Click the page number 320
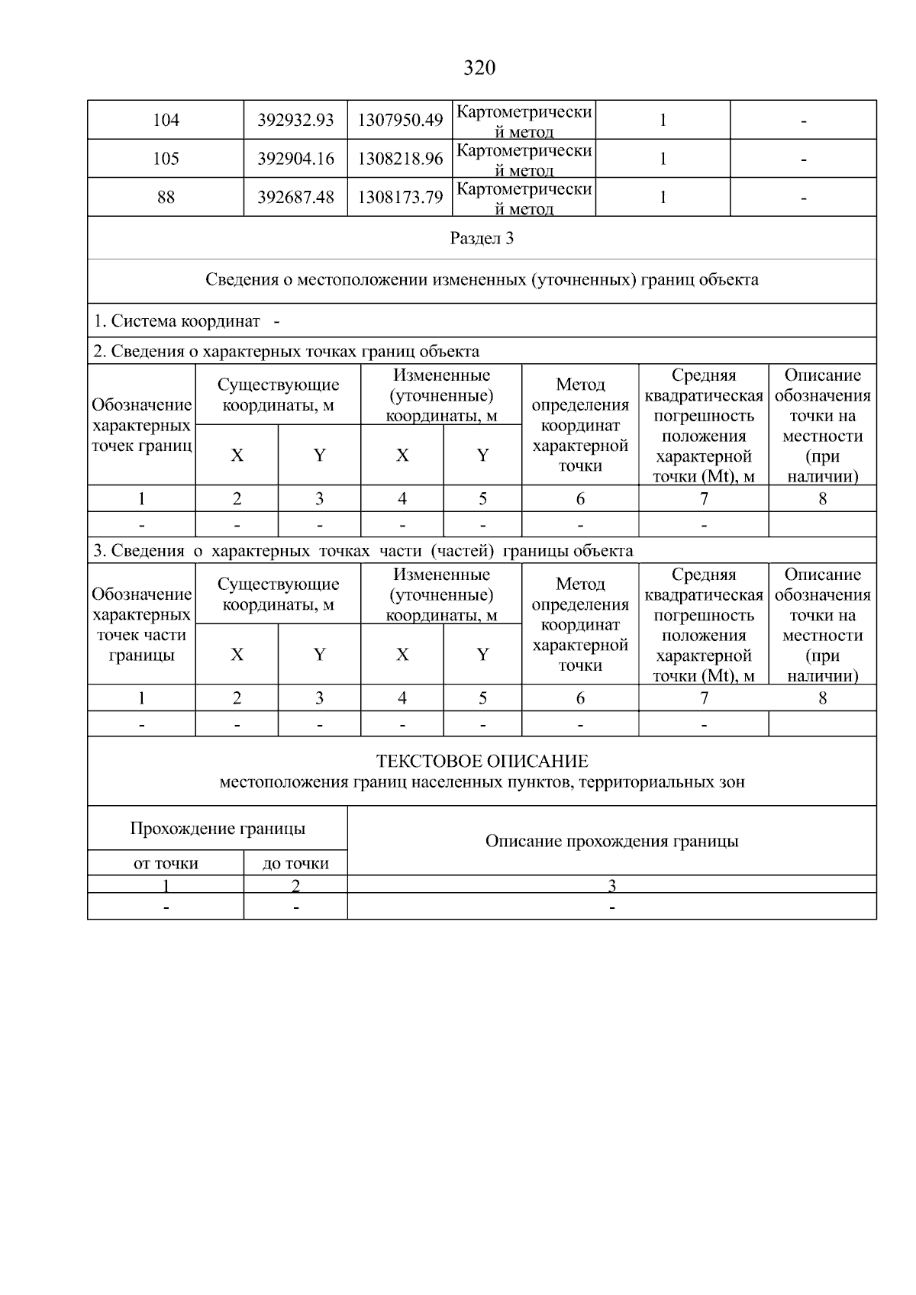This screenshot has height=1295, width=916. point(479,69)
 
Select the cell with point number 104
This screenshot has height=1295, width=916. point(166,121)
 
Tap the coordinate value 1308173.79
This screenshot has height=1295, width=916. point(400,198)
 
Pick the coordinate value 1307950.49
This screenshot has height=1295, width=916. point(400,121)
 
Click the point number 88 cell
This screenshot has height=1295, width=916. point(166,198)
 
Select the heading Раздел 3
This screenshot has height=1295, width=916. point(482,239)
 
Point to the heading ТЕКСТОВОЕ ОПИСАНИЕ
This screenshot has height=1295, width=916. point(482,762)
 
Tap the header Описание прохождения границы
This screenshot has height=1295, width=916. point(611,842)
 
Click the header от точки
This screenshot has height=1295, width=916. point(166,864)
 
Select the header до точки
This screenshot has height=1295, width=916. point(295,864)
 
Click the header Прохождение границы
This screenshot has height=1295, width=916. point(218,829)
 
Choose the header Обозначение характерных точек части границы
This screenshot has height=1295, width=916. point(141,624)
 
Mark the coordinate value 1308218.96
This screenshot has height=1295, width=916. point(400,159)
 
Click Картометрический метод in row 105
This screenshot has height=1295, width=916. point(524,159)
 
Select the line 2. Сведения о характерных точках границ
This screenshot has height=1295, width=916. point(286,352)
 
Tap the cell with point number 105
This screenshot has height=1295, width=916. point(166,159)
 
